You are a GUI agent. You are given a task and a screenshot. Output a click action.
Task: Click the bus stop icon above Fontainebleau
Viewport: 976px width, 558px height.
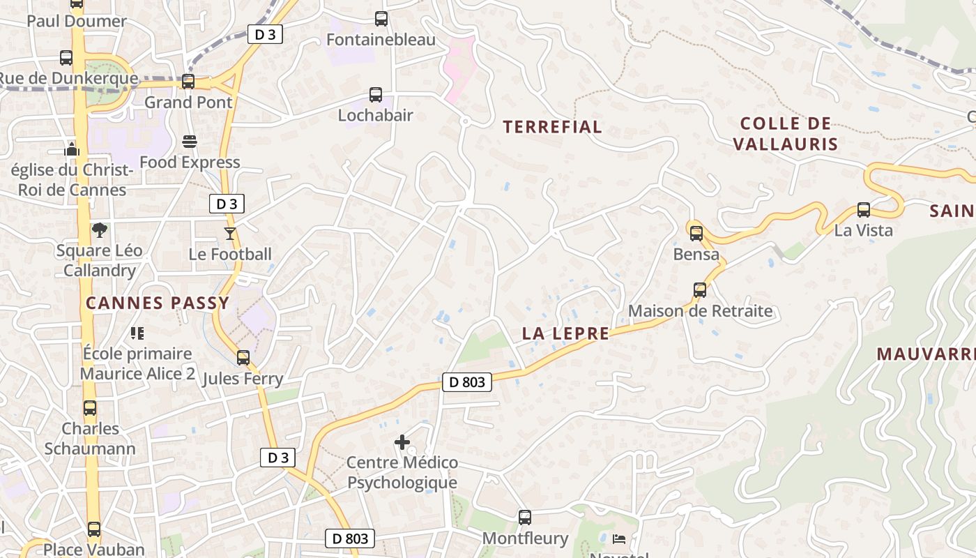click(381, 19)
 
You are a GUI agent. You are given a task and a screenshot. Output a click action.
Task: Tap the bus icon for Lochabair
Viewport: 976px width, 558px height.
click(375, 95)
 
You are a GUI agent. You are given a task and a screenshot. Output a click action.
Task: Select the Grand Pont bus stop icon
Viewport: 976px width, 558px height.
click(188, 82)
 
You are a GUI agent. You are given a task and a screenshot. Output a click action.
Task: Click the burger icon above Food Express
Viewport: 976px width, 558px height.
click(189, 142)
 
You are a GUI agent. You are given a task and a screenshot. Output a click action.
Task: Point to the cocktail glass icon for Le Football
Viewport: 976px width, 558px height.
click(230, 233)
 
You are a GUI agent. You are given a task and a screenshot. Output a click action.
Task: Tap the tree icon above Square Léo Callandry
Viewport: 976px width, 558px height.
click(100, 229)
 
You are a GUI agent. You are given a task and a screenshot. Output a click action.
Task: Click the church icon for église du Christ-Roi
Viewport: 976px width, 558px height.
click(72, 149)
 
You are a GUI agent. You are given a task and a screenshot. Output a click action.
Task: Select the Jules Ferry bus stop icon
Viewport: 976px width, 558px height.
click(243, 358)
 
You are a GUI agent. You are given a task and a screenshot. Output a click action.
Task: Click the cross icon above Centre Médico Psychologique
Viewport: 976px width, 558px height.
click(402, 442)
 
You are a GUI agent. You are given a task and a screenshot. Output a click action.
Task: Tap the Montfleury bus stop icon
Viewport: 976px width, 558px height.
click(525, 518)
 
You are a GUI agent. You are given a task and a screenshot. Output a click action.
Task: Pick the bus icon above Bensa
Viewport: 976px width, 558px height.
click(696, 234)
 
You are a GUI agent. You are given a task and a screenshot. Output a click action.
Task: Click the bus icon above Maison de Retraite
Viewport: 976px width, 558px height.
click(700, 290)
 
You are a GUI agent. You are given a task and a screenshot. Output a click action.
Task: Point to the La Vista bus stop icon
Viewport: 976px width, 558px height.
click(863, 209)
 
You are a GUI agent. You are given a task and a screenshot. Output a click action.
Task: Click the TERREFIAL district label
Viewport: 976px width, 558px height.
click(552, 127)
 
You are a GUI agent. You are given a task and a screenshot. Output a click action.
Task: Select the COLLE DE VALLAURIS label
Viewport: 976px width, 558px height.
click(786, 134)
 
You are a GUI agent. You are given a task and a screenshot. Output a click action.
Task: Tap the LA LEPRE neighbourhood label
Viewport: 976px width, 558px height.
click(565, 333)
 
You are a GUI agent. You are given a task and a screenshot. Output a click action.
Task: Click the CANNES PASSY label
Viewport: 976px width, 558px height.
click(157, 303)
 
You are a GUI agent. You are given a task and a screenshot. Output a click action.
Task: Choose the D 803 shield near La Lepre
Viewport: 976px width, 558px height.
click(466, 382)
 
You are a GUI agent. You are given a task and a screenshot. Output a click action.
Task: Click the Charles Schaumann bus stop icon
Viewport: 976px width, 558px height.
click(90, 408)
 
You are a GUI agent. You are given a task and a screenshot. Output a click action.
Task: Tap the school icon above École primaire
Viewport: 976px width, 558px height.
click(137, 333)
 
